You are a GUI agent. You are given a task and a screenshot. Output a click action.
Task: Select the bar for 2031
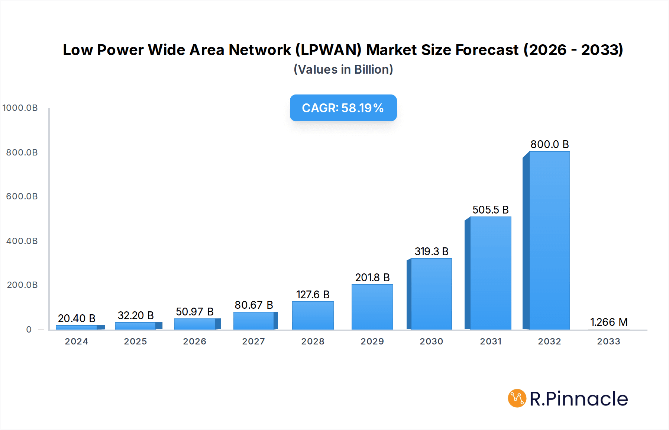[490, 273]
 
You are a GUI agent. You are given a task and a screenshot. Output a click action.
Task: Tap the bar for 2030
[431, 294]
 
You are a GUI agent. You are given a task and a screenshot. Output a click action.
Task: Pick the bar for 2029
[372, 307]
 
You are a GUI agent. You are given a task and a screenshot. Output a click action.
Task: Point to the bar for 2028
[313, 315]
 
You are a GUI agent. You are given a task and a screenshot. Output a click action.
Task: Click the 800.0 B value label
[549, 144]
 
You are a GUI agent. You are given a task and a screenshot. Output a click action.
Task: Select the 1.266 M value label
[608, 322]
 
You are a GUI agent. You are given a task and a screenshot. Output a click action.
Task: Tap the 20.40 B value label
[77, 318]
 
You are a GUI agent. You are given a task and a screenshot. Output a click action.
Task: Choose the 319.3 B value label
[431, 251]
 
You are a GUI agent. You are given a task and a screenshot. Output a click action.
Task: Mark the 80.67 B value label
[253, 305]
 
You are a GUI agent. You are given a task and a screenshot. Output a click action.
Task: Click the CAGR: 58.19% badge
[343, 108]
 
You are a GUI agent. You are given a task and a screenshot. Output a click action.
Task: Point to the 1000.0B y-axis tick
[20, 108]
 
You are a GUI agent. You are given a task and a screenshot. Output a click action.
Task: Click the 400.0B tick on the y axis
[22, 241]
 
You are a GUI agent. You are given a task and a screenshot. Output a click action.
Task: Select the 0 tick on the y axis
[29, 330]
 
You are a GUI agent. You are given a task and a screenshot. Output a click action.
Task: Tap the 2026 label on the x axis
[194, 341]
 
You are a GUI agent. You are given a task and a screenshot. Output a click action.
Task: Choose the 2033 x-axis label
[608, 341]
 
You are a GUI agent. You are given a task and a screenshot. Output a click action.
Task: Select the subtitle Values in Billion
[343, 70]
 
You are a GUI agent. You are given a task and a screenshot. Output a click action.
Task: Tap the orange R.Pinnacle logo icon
[517, 398]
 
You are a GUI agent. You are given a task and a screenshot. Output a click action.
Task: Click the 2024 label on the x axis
[77, 341]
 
